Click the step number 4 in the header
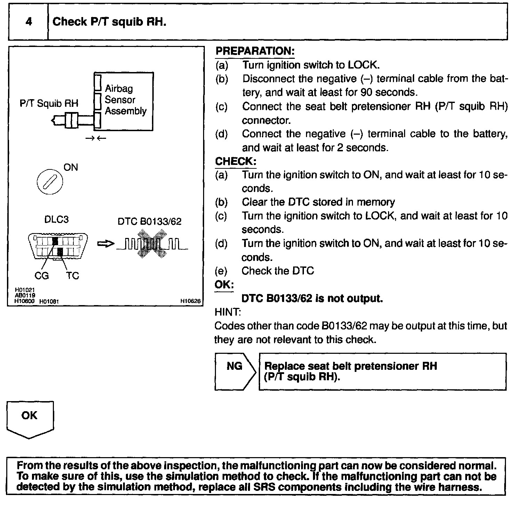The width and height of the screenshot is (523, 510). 29,22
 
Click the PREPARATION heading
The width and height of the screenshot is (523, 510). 255,51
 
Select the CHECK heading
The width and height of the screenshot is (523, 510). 235,161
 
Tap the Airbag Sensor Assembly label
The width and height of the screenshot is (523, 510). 126,100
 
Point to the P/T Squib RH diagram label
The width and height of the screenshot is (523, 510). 49,103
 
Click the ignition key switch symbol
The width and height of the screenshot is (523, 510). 50,182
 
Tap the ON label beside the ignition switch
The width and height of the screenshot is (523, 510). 71,167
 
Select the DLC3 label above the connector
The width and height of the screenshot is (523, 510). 56,220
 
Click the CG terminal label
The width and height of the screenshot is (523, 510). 41,276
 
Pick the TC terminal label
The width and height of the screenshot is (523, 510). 73,276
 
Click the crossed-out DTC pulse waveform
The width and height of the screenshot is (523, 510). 152,244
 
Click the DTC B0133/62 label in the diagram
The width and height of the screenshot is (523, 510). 150,222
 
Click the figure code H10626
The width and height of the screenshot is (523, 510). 191,301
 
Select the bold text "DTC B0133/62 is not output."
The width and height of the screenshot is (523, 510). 312,298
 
